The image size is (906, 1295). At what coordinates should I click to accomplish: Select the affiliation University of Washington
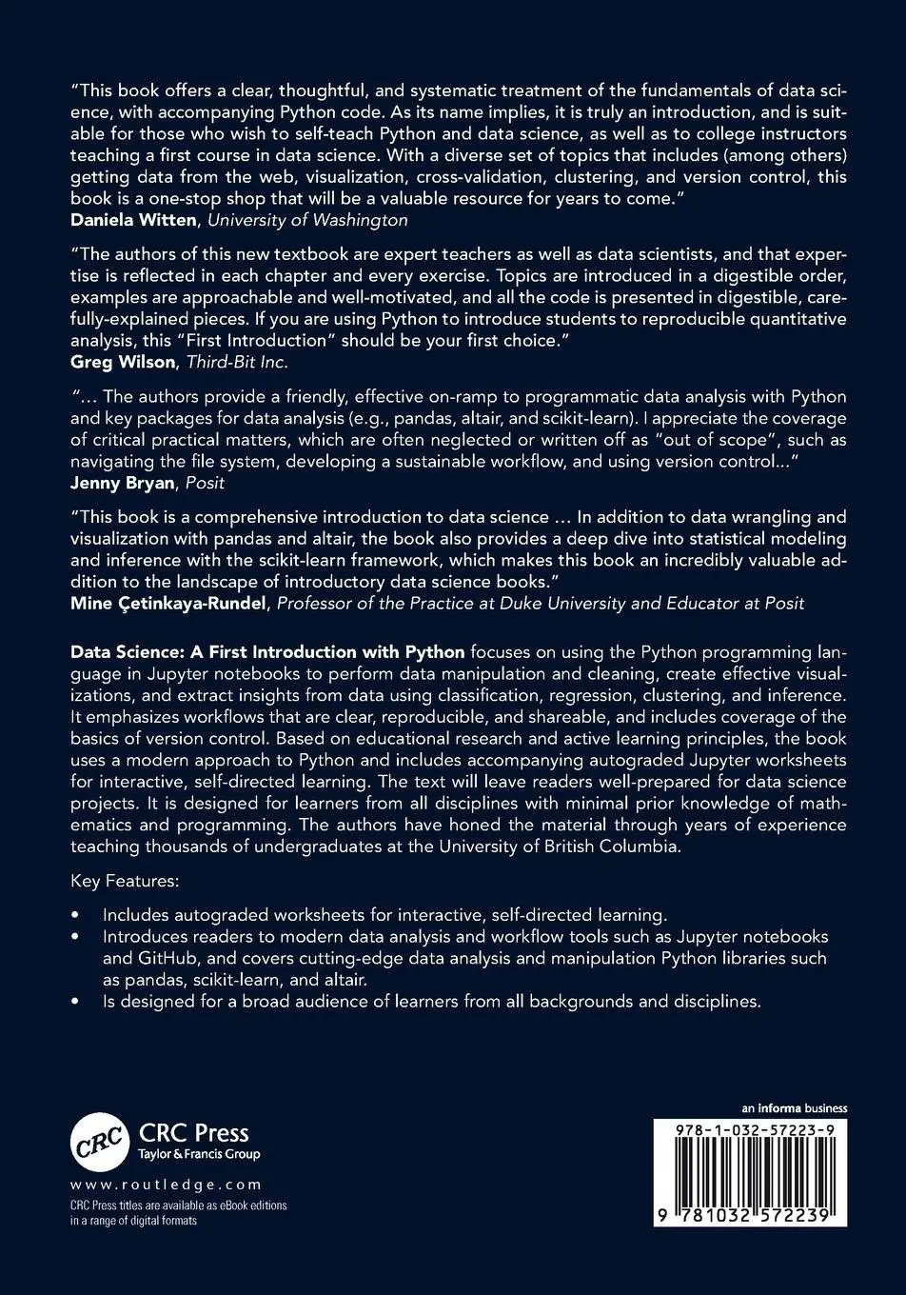(x=307, y=220)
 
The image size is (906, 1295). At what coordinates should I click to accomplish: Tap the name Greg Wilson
(x=124, y=362)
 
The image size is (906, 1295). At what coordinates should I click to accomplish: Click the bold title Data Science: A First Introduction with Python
(x=267, y=652)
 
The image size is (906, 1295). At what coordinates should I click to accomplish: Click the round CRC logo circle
(x=99, y=1141)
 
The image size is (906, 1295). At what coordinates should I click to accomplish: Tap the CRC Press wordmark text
(x=194, y=1133)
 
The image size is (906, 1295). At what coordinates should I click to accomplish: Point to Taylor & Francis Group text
(x=200, y=1155)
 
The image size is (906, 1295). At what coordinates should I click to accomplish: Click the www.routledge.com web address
(x=166, y=1185)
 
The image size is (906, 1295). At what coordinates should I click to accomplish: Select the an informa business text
(x=795, y=1108)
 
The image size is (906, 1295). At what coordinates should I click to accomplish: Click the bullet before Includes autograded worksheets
(x=76, y=915)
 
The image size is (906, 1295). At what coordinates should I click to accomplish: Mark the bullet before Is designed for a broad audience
(x=76, y=1002)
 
